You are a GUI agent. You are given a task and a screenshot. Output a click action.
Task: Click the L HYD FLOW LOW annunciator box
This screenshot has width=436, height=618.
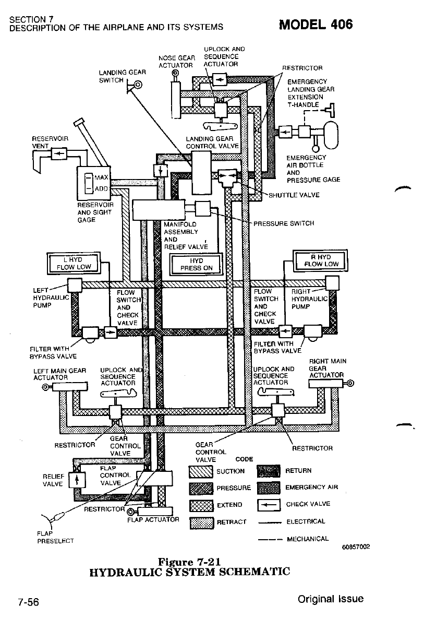77,263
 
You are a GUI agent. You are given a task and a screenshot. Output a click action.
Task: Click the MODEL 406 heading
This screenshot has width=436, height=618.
316,24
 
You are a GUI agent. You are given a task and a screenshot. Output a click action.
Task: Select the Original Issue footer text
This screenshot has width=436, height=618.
331,599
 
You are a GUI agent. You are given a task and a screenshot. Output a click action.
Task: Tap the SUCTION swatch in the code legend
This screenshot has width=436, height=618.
201,472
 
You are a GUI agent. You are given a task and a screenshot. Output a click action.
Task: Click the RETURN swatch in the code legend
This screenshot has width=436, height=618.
269,472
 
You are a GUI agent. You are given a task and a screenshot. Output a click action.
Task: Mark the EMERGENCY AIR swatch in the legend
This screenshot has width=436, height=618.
269,489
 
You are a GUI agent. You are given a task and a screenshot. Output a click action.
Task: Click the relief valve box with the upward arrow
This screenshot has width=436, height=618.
77,479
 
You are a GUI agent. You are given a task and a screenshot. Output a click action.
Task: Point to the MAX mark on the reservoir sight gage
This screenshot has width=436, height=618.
96,179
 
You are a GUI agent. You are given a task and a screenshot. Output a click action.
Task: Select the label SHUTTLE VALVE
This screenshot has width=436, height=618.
294,196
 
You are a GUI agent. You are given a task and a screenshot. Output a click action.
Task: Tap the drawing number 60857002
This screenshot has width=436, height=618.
356,546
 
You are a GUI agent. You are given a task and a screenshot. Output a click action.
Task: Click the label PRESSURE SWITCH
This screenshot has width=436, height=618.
284,223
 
